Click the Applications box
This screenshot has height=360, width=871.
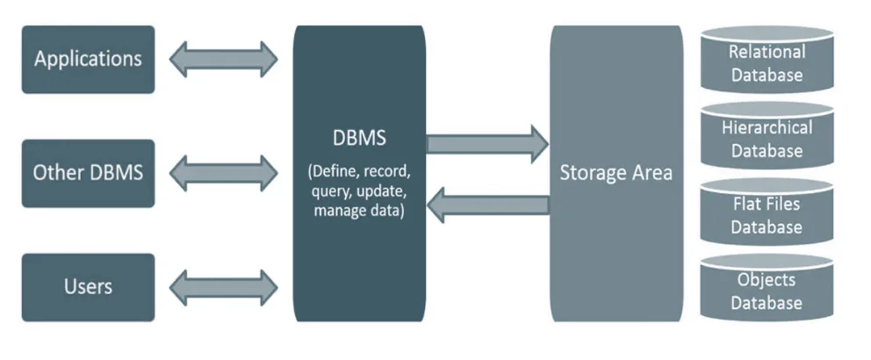[x=88, y=60]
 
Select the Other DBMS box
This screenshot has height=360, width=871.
[x=88, y=172]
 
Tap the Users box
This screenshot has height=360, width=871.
[x=88, y=286]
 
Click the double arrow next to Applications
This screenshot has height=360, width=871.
[x=223, y=60]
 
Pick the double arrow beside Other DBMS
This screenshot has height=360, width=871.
[x=223, y=172]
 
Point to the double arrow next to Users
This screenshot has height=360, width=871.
[x=223, y=286]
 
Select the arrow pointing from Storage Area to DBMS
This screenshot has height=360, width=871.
[x=487, y=205]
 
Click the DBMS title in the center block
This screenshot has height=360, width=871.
[x=359, y=139]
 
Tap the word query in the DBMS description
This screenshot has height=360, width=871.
[x=319, y=191]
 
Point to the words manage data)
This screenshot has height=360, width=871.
[x=359, y=211]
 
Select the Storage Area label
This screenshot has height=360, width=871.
[x=615, y=172]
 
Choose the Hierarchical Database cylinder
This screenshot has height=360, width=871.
[x=767, y=138]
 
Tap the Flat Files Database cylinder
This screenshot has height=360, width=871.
[x=767, y=214]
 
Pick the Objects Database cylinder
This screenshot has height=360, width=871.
[x=767, y=290]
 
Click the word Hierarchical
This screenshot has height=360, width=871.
[x=767, y=127]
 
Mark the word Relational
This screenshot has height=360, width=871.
[x=767, y=52]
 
